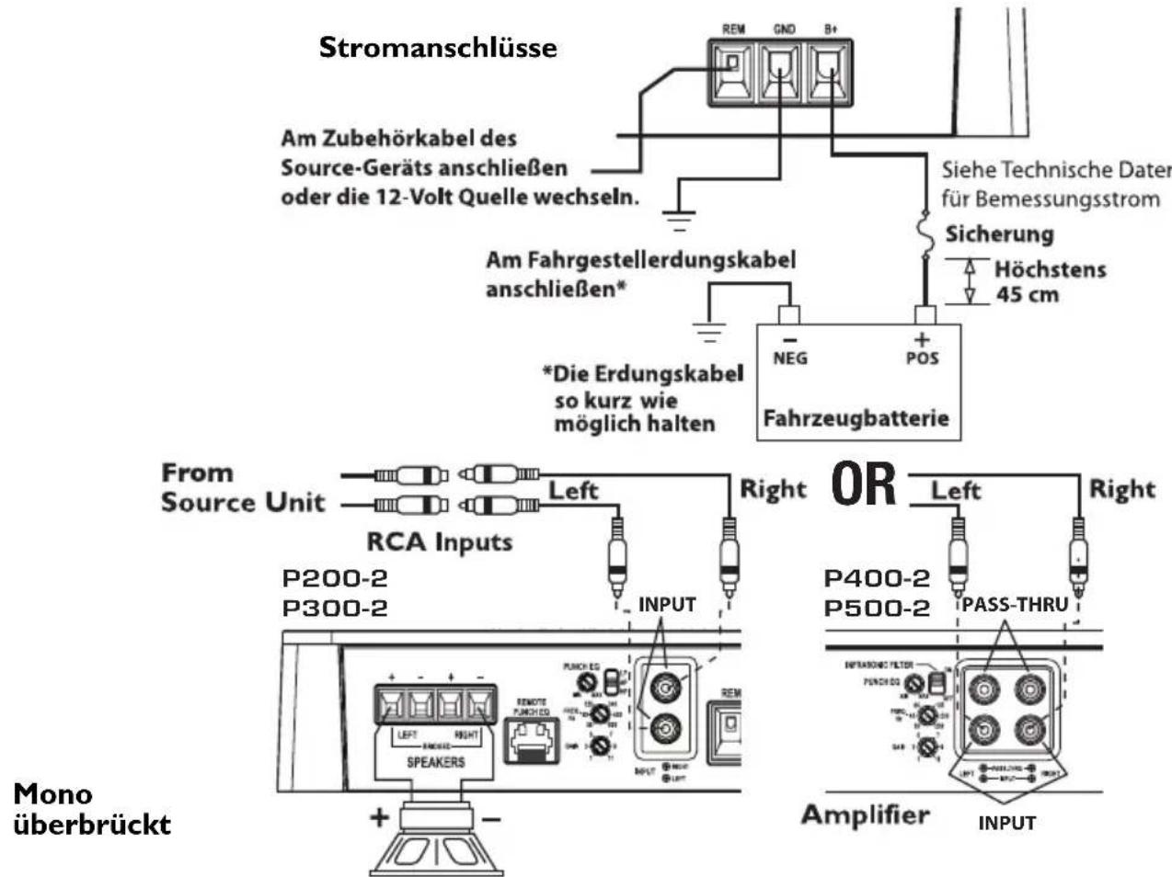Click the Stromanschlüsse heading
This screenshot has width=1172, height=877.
tap(438, 48)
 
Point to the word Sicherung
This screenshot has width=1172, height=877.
tap(999, 234)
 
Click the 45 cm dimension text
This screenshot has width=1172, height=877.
tap(1027, 295)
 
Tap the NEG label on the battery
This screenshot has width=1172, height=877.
tap(789, 358)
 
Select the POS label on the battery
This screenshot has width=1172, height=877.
tap(922, 358)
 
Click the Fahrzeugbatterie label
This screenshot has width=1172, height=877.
tap(856, 418)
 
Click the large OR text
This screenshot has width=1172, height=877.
tap(863, 484)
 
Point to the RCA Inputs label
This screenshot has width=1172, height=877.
tap(439, 541)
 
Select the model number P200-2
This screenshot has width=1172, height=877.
tap(335, 579)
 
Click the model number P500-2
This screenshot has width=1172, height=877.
tap(877, 609)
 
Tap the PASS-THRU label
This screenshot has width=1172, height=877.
tap(1015, 606)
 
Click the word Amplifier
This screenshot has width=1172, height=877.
tap(865, 814)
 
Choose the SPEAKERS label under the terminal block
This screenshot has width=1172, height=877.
tap(435, 762)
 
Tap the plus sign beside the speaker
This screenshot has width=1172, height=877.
tap(378, 816)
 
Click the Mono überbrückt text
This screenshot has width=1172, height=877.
tap(92, 808)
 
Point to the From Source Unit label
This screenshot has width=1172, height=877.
tap(242, 487)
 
